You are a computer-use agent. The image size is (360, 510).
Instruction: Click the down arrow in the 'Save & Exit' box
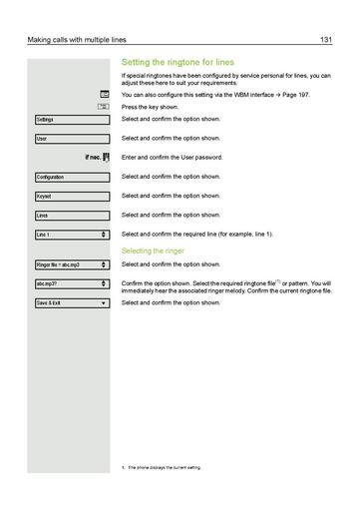[x=104, y=302]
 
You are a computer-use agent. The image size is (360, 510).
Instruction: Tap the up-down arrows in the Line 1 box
[x=104, y=234]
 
